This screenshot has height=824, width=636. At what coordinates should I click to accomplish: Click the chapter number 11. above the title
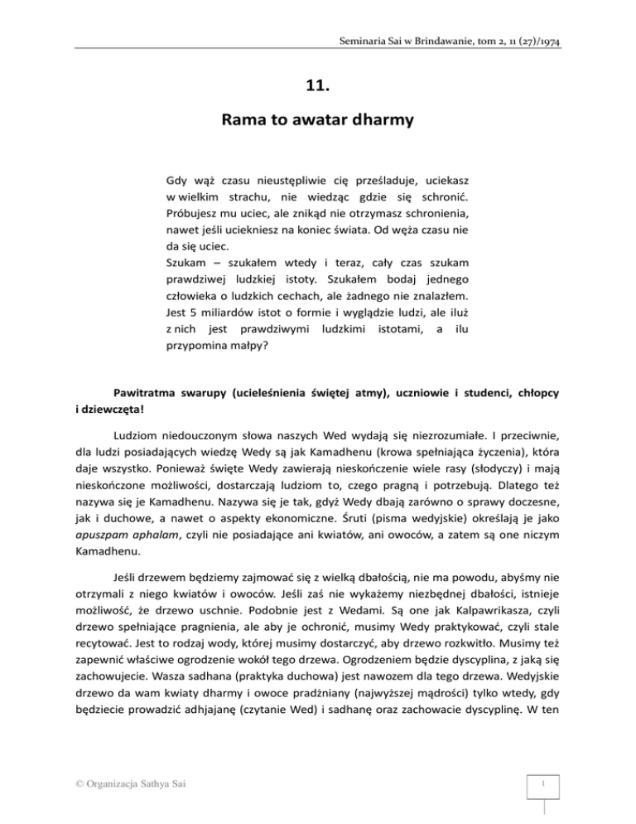(x=318, y=83)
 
